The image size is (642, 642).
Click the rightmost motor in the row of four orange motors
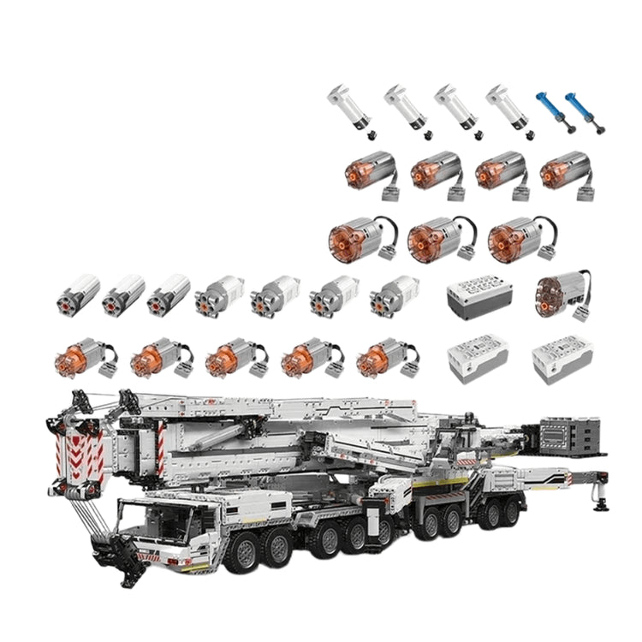565,170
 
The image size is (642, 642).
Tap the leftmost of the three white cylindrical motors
78,294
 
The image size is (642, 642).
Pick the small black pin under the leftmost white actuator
372,135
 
